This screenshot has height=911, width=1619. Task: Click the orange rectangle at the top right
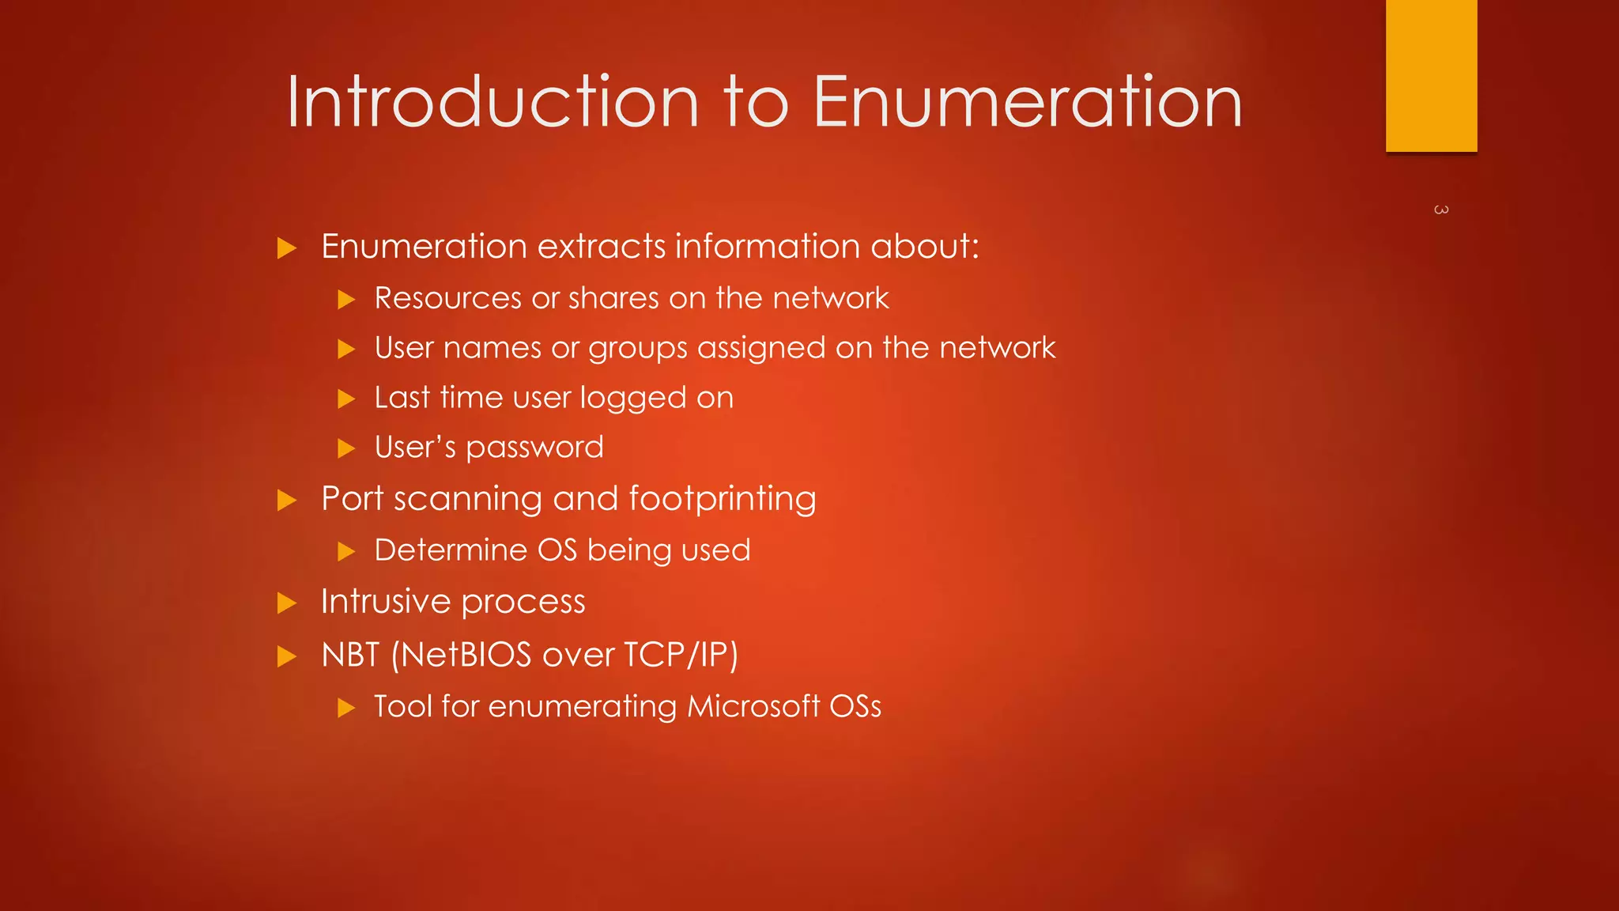tap(1431, 75)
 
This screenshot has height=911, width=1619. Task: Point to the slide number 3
tap(1440, 210)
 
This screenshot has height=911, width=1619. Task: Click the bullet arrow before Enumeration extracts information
tap(287, 249)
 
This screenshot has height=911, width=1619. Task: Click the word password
tap(534, 448)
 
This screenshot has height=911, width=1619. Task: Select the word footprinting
tap(722, 499)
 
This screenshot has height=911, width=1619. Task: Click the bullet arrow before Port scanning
tap(287, 501)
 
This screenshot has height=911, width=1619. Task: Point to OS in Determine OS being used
tap(557, 550)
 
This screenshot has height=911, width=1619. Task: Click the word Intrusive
tap(386, 602)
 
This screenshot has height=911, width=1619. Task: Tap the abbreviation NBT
tap(350, 655)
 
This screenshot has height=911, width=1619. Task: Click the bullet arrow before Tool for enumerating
tap(346, 708)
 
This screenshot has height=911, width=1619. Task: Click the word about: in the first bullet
tap(924, 247)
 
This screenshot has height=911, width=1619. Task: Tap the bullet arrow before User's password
tap(346, 449)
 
